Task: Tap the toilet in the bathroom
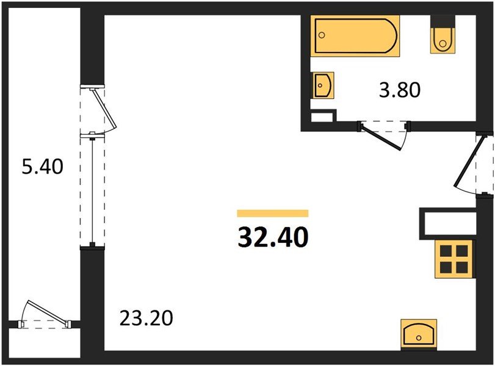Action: click(x=442, y=40)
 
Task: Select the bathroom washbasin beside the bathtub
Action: click(x=322, y=85)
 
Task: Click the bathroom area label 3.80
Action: click(x=400, y=91)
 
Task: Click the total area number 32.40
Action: click(x=273, y=237)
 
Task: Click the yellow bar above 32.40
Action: click(x=273, y=213)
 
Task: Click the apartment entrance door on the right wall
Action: click(x=474, y=163)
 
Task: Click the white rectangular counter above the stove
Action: click(x=447, y=223)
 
